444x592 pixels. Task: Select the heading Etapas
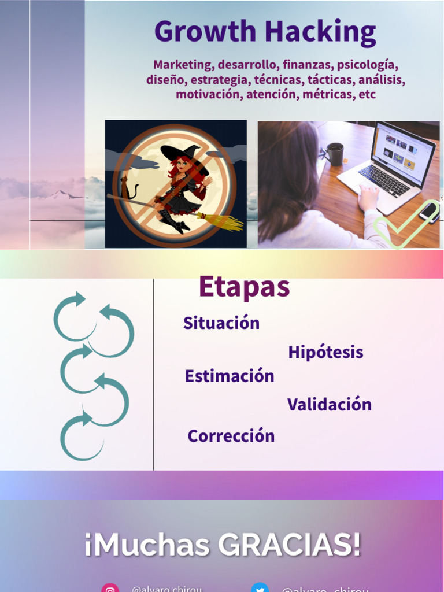(244, 287)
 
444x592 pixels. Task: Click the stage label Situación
(221, 323)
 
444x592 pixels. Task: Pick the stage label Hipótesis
(325, 352)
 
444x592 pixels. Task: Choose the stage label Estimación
(230, 376)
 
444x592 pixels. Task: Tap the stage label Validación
(329, 405)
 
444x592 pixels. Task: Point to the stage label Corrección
(231, 436)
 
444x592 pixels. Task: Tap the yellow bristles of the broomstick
(223, 221)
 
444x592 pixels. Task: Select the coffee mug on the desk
(335, 154)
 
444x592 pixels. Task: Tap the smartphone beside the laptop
(430, 212)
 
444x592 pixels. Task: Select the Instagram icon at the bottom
(110, 588)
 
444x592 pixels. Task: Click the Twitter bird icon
(260, 588)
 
